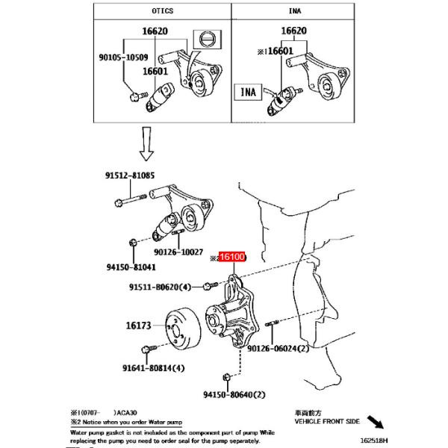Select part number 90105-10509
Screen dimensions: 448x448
pos(123,56)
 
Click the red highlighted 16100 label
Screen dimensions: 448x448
pos(234,257)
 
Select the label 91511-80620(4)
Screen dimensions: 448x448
pos(159,286)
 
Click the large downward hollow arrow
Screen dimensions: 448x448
pos(147,144)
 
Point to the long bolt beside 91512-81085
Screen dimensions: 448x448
pos(135,201)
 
